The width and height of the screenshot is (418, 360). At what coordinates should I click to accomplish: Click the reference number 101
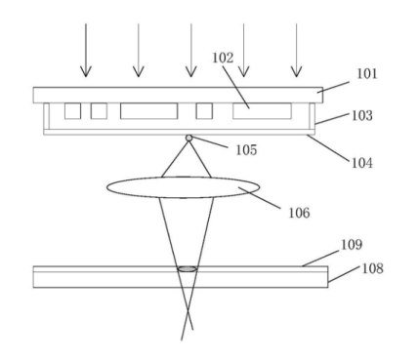coord(367,74)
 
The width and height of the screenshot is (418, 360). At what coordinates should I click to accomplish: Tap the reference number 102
coord(223,58)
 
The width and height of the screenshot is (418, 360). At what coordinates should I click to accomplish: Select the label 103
coord(362,115)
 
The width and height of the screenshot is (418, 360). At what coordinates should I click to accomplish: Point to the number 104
coord(362,163)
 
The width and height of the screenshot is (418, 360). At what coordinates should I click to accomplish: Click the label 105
coord(246,150)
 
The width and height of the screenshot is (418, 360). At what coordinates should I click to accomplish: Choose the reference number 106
coord(299,213)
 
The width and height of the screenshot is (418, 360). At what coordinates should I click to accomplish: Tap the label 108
coord(372,268)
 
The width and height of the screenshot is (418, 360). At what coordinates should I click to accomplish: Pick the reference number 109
coord(352,245)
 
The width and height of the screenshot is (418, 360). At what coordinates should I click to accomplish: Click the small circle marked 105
coord(188,138)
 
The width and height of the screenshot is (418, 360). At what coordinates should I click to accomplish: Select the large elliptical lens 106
coord(184,187)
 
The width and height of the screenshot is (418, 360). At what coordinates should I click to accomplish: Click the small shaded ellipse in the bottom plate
coord(188,269)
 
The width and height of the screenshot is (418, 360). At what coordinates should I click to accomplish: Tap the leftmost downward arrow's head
coord(86,71)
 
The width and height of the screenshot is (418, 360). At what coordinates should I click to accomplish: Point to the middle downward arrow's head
coord(191,71)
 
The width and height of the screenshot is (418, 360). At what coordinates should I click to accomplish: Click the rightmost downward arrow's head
coord(296,71)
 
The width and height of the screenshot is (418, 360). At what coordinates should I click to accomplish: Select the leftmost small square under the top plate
coord(72,111)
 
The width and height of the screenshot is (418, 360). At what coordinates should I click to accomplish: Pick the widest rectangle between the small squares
coord(149,111)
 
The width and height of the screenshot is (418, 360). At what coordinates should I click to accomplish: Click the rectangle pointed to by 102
coord(262,111)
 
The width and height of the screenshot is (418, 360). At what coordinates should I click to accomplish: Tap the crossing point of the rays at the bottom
coord(188,312)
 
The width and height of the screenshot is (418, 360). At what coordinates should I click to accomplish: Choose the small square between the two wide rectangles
coord(204,111)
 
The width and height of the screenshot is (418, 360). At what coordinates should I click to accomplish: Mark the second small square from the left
coord(99,111)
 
